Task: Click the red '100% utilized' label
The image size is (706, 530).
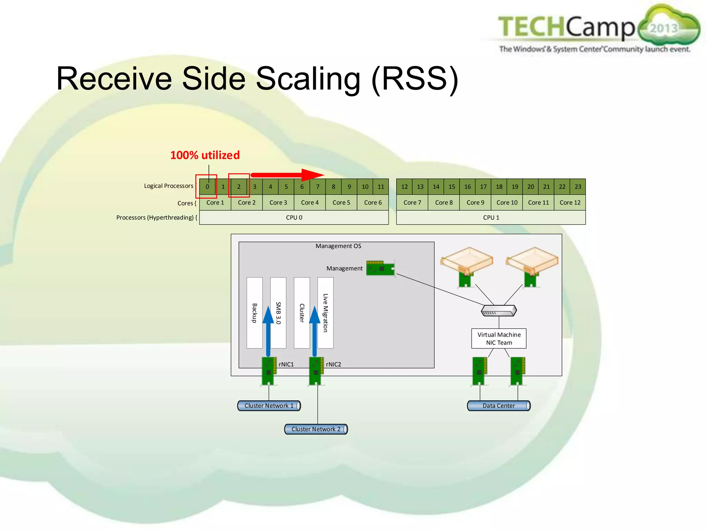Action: (x=205, y=155)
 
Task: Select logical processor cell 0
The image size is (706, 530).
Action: (x=207, y=187)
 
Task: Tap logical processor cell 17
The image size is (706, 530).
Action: (x=483, y=187)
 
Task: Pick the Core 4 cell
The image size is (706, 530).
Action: (x=310, y=203)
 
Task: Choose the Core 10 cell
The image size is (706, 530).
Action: (x=507, y=203)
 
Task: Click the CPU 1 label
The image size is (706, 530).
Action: (x=491, y=218)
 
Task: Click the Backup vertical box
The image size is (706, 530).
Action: (x=254, y=313)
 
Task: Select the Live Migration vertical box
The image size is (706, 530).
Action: (x=325, y=313)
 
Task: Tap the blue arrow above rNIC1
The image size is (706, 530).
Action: (x=268, y=331)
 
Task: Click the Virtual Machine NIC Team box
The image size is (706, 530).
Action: (x=499, y=338)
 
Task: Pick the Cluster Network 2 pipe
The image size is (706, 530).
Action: (x=316, y=429)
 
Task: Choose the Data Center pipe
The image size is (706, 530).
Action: (x=498, y=406)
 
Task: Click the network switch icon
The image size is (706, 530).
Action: (x=499, y=311)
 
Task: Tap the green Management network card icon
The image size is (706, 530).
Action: (x=380, y=268)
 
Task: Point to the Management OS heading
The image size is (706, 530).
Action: (x=338, y=246)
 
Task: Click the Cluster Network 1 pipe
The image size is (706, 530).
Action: (x=269, y=406)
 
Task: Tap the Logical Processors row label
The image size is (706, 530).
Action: (x=169, y=186)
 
